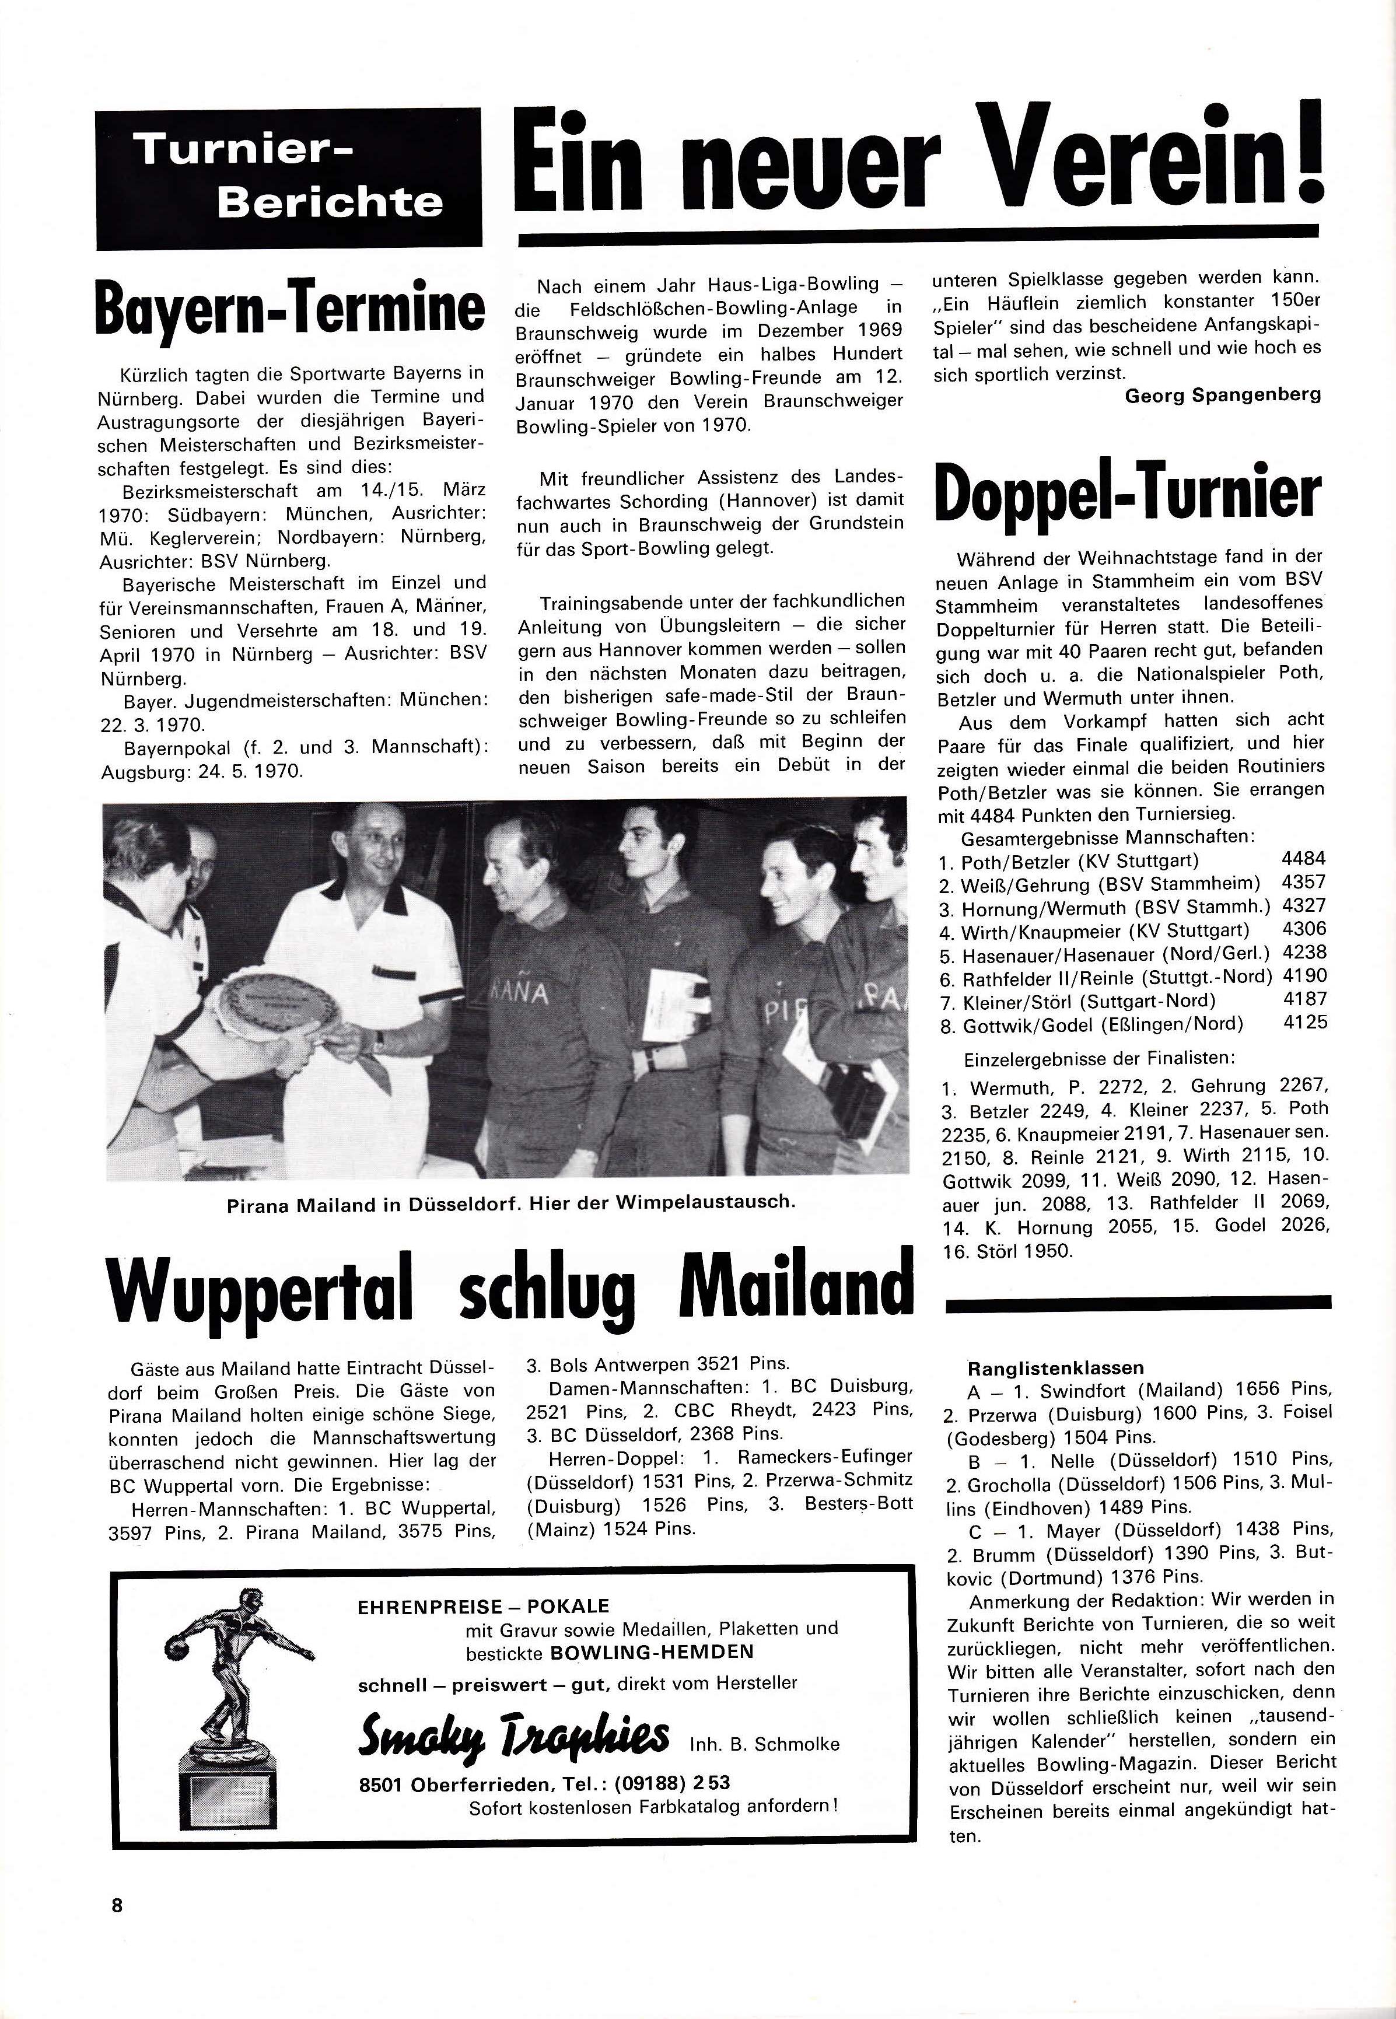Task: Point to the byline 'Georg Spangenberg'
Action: point(1222,394)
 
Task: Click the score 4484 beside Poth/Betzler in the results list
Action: point(1303,859)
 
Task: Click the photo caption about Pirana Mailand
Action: point(511,1202)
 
